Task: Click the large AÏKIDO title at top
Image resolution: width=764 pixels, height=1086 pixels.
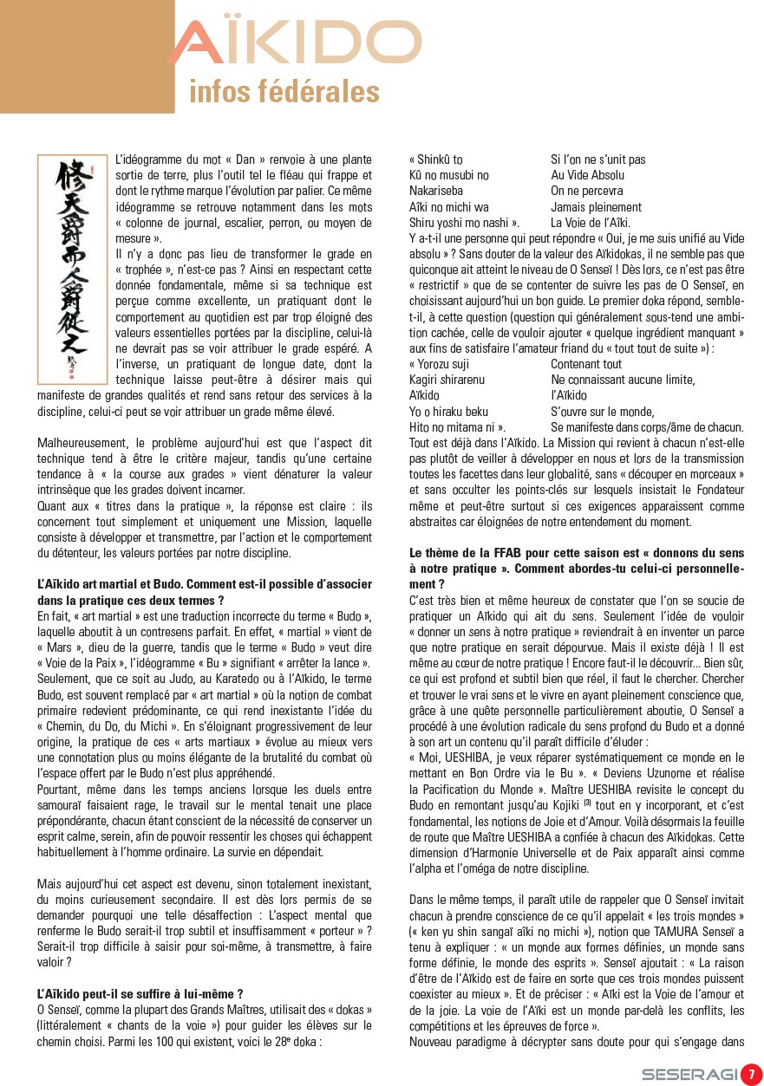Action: pos(295,42)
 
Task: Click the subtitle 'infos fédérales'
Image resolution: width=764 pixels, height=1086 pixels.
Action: pos(284,92)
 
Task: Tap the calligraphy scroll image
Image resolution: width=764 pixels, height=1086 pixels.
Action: pos(71,270)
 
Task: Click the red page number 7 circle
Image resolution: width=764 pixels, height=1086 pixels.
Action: pos(750,1074)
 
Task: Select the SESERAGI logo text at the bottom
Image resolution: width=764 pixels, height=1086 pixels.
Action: pos(689,1075)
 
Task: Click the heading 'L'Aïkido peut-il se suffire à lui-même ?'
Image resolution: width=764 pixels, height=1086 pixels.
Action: pos(140,994)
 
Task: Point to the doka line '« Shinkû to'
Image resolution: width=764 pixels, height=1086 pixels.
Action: pos(436,159)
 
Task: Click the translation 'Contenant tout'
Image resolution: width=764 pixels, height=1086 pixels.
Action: pos(586,364)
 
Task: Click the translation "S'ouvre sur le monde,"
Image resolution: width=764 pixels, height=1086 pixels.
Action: pos(603,412)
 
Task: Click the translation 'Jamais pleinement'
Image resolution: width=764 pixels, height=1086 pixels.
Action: pos(596,207)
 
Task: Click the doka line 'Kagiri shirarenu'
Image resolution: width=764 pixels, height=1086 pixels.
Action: pos(447,380)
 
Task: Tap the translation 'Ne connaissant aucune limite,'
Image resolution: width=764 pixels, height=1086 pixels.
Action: pos(623,380)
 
